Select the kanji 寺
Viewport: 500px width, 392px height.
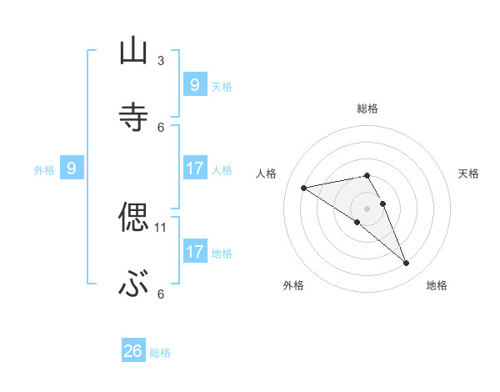[x=133, y=118]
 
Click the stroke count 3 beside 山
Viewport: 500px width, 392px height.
[x=161, y=60]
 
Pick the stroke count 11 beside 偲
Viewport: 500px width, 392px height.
[x=161, y=227]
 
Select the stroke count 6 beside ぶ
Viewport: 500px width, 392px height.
[x=161, y=294]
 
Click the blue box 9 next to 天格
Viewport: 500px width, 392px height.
[x=194, y=84]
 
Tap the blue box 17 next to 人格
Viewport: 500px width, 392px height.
[x=194, y=168]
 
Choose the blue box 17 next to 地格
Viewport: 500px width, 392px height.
[x=194, y=251]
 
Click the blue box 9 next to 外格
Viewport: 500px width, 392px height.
[x=72, y=168]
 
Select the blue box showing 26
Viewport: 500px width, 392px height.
[x=133, y=351]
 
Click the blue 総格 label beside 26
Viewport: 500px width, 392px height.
[x=161, y=353]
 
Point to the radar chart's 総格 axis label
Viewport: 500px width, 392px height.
[x=367, y=108]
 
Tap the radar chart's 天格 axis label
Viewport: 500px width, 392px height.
[x=469, y=173]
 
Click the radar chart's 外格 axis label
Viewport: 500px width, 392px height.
[x=293, y=285]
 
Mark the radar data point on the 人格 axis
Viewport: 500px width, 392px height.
[x=304, y=188]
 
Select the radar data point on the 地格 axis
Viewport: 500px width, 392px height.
[x=406, y=264]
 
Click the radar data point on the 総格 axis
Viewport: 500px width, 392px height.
[x=367, y=175]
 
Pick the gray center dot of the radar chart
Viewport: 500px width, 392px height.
[x=367, y=208]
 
